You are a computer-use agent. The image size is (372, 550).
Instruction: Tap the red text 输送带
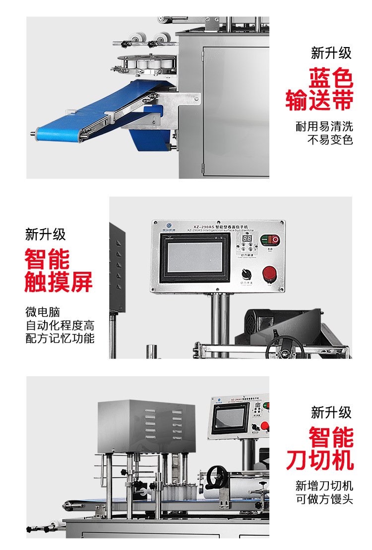(319, 101)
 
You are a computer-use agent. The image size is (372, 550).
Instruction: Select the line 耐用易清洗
(324, 127)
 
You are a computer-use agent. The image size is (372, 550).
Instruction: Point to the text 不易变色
(330, 140)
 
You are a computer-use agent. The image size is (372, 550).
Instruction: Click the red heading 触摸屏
(59, 282)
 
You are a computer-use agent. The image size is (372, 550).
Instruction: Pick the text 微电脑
(43, 312)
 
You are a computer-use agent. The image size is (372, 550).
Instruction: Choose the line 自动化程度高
(60, 326)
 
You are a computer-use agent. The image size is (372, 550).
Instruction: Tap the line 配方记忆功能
(60, 339)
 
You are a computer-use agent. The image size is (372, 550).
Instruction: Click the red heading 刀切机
(320, 460)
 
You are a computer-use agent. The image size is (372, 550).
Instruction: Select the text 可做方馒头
(324, 499)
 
